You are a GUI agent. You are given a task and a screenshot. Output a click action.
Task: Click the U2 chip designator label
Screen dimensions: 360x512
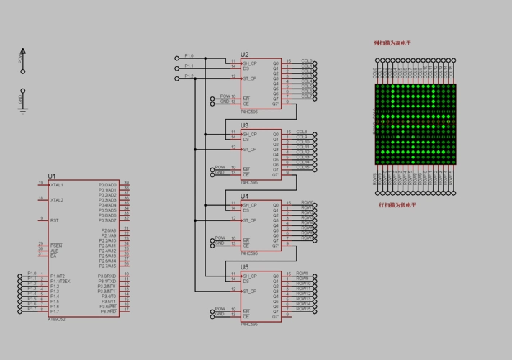(245, 55)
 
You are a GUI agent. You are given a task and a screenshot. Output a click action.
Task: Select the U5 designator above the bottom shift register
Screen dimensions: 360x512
(245, 267)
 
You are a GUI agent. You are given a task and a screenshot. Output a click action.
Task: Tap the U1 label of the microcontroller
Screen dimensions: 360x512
(52, 176)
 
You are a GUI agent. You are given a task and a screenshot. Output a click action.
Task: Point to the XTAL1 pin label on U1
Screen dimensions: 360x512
(57, 185)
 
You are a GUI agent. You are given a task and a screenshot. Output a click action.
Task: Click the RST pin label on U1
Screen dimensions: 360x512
(55, 220)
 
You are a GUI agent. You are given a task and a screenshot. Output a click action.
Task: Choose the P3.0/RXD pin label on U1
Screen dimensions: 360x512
(107, 276)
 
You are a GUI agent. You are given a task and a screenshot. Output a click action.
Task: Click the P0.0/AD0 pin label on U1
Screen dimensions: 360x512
(107, 185)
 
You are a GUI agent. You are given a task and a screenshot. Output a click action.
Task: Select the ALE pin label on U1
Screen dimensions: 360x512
(54, 251)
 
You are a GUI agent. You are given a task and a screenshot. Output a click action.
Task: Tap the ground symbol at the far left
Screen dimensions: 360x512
(23, 110)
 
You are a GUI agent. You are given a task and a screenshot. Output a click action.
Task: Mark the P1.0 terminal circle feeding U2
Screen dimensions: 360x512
(177, 58)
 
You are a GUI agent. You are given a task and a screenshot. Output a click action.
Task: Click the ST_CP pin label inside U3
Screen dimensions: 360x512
(250, 150)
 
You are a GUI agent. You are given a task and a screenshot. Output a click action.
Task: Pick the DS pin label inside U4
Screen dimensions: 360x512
(246, 210)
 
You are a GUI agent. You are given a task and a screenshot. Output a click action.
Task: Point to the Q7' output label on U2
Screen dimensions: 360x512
(276, 104)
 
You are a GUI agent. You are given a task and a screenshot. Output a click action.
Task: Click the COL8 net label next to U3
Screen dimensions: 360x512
(302, 132)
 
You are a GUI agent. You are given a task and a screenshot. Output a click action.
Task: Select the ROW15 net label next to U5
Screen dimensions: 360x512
(304, 308)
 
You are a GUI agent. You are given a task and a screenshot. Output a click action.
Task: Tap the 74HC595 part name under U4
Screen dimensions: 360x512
(249, 253)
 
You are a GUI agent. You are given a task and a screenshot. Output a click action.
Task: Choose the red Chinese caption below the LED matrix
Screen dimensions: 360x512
(398, 205)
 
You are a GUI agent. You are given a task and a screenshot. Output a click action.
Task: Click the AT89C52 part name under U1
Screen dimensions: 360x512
(57, 318)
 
